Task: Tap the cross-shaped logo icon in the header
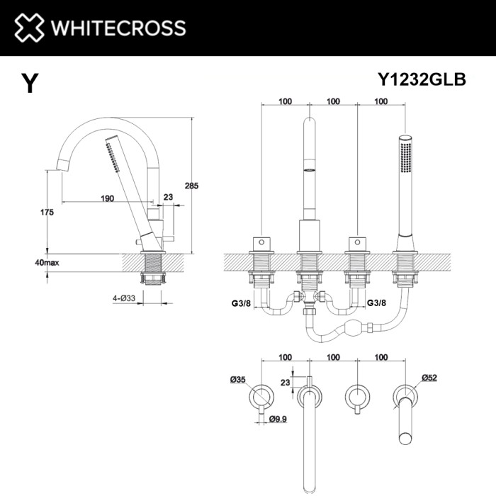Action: click(28, 28)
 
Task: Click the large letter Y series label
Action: click(29, 84)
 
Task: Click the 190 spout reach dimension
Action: click(107, 198)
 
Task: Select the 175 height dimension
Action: click(48, 213)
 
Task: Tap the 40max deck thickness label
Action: click(47, 262)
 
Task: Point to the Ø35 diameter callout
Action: click(237, 381)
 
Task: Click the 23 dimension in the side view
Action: click(168, 198)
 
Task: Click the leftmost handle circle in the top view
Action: click(263, 394)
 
